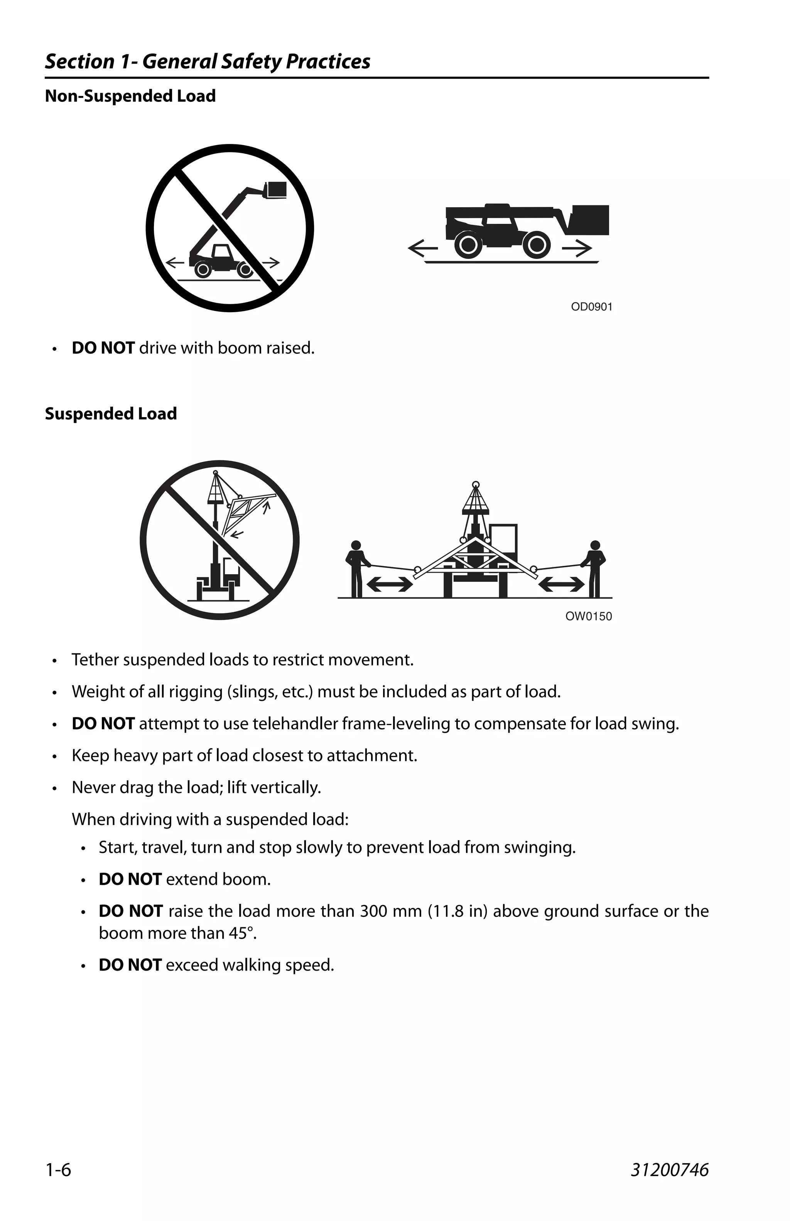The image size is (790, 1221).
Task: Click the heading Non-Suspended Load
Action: tap(130, 96)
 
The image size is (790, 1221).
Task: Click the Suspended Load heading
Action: tap(111, 414)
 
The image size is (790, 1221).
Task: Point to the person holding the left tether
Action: tap(357, 568)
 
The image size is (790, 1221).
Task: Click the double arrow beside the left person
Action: tap(390, 584)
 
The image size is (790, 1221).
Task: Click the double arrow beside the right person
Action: tap(561, 584)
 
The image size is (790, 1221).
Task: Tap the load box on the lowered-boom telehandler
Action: tap(591, 220)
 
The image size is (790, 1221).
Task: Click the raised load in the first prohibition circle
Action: tap(276, 189)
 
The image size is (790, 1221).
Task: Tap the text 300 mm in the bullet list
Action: tap(383, 911)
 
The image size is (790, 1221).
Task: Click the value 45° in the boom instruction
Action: tap(243, 933)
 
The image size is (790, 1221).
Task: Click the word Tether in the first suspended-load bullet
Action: tap(95, 659)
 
